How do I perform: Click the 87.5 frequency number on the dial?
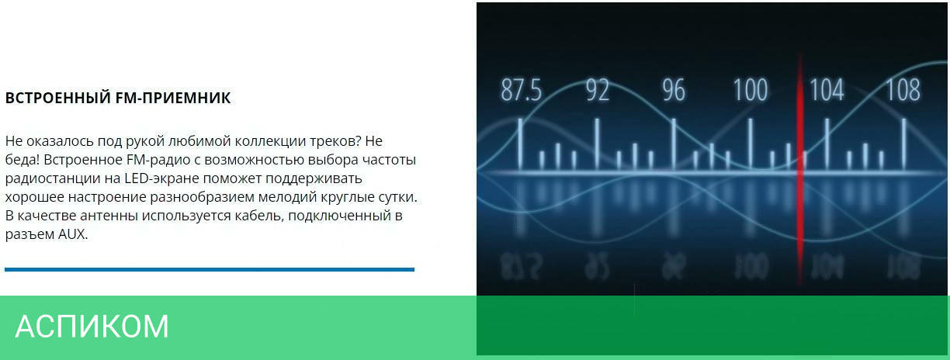(x=522, y=90)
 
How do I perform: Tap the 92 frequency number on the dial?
(x=598, y=90)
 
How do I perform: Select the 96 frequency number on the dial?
(x=674, y=90)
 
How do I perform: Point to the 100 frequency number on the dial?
(x=751, y=90)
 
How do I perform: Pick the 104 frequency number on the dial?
(x=827, y=90)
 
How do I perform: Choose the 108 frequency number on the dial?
(x=903, y=90)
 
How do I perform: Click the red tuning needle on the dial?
(x=800, y=170)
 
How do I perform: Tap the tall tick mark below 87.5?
(x=520, y=144)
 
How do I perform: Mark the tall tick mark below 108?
(x=903, y=144)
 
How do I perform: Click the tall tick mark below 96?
(x=674, y=144)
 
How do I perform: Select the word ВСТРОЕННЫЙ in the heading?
(x=58, y=98)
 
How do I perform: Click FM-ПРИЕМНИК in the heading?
(x=173, y=98)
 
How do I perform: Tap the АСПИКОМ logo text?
(x=92, y=326)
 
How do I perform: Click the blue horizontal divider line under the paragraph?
(x=210, y=269)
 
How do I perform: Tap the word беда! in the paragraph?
(x=23, y=159)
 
